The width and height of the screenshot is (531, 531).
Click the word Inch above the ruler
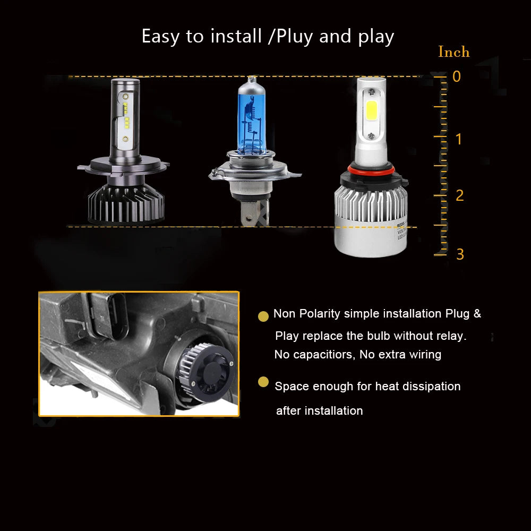tap(454, 52)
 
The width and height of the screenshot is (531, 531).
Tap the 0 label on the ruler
tap(457, 76)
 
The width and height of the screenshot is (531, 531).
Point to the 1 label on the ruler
tap(459, 139)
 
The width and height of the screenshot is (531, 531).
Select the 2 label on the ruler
tap(459, 195)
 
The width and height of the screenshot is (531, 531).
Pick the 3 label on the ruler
tap(459, 254)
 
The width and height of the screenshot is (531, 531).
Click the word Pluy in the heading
tap(294, 37)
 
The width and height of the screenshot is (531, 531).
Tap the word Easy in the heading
tap(160, 37)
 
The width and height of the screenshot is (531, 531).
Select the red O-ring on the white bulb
tap(371, 168)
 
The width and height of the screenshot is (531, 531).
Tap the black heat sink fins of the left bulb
tap(126, 204)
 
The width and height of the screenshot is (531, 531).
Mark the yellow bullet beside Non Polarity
tap(263, 316)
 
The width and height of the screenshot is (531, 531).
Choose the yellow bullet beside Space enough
tap(263, 382)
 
